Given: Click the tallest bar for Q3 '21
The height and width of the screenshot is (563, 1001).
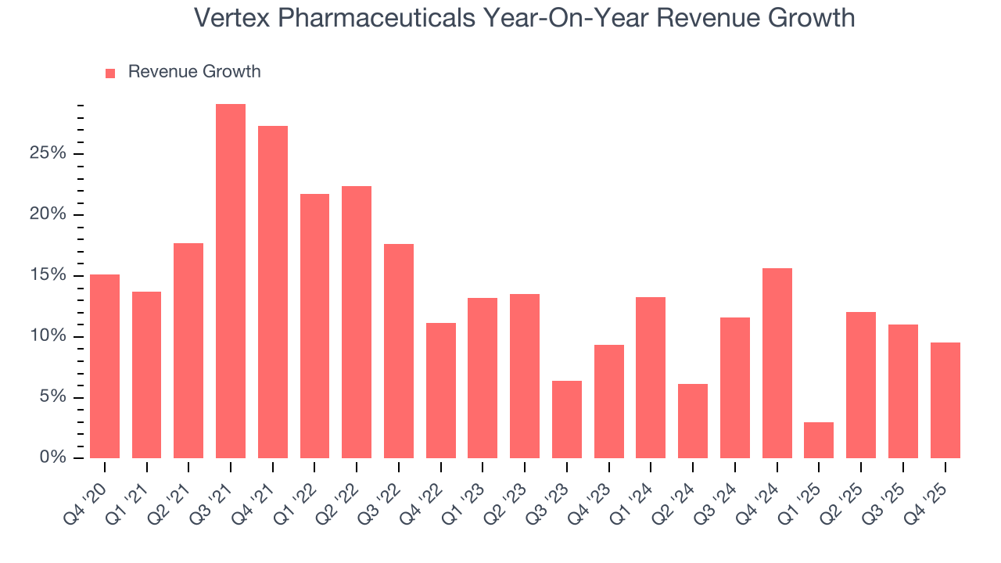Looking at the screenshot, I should pos(231,281).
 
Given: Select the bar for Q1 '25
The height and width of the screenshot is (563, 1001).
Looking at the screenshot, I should pos(819,440).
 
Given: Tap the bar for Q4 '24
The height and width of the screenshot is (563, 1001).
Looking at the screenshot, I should pos(777,363).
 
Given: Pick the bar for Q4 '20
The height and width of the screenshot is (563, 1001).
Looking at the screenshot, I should pos(105,366).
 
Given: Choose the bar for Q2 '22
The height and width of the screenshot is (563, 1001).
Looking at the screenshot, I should pos(357,322).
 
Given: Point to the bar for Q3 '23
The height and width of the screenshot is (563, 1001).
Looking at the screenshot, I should pos(567,419).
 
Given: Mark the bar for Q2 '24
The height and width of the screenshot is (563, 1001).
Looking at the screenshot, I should pos(693,421).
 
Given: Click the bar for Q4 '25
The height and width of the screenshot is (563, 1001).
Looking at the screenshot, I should pos(945,400).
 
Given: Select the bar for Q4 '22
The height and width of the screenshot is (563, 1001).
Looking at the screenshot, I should pos(441,390).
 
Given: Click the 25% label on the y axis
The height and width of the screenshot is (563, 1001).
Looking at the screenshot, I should pos(48,153).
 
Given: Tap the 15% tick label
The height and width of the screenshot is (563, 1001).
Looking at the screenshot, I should pos(48,275).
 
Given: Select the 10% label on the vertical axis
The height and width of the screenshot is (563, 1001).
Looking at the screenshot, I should pos(48,336).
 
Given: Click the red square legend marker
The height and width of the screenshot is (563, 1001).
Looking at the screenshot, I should pos(110,73).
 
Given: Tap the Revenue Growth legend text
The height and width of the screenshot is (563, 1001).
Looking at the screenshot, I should pos(194,72).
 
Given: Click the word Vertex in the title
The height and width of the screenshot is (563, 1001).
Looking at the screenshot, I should pos(232,17).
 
